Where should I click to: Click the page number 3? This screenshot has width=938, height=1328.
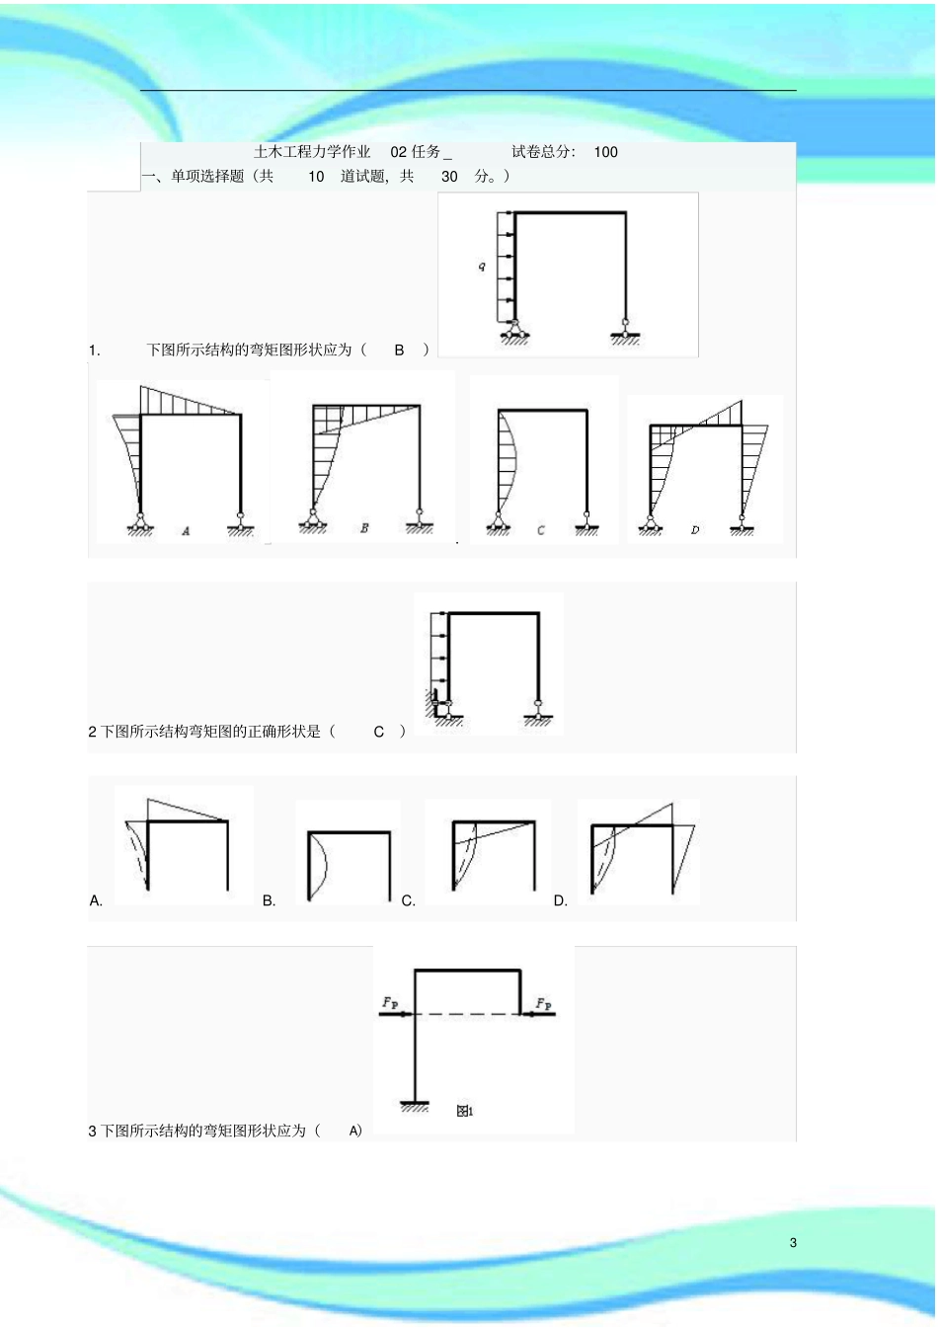[793, 1242]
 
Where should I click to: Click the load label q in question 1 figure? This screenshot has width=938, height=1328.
[482, 267]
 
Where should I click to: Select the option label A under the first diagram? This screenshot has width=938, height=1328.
[186, 531]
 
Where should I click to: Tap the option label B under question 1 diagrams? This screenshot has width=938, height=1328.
[364, 528]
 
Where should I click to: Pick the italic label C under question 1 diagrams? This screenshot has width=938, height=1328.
[540, 530]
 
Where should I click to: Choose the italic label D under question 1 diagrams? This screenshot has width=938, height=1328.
[695, 530]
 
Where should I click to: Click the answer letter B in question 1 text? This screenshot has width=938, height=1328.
[399, 350]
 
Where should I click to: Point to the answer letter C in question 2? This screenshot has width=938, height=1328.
[378, 732]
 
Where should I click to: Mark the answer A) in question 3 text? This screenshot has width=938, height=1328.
[355, 1131]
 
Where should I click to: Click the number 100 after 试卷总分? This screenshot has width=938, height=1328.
[606, 152]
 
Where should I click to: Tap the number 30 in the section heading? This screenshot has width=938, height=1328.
[449, 177]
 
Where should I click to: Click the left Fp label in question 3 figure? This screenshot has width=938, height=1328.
[390, 1003]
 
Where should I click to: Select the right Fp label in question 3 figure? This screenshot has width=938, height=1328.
[544, 1003]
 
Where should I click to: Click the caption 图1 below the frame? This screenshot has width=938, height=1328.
[465, 1111]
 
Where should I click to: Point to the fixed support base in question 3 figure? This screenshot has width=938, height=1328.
[415, 1105]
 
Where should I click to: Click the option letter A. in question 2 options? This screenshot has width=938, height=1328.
[96, 900]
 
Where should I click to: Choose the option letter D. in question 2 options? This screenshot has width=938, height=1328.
[561, 900]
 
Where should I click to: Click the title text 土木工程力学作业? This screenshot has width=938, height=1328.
[312, 152]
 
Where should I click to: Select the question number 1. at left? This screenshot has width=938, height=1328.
[95, 350]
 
